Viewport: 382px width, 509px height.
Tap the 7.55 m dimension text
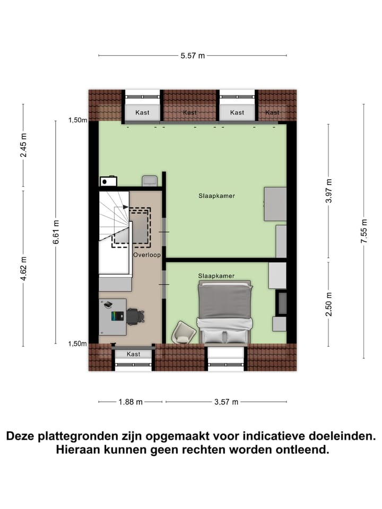(364, 231)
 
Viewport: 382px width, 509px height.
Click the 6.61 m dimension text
(56, 232)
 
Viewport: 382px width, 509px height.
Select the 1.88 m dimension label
(131, 401)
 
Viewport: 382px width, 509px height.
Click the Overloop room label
(146, 254)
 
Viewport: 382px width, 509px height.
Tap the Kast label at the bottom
(134, 354)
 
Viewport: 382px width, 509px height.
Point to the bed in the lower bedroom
(223, 312)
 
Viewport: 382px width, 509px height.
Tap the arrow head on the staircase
(126, 207)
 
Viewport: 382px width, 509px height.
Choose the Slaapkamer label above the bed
(216, 276)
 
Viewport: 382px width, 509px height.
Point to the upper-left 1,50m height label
(77, 120)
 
